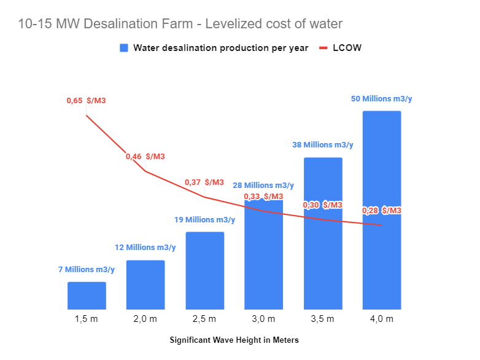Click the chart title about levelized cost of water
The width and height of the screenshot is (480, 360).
pyautogui.click(x=180, y=24)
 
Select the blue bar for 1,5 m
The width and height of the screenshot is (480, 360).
pyautogui.click(x=87, y=295)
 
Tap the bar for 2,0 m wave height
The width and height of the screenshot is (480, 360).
pyautogui.click(x=145, y=284)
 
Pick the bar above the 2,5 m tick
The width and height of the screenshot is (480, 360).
pyautogui.click(x=204, y=270)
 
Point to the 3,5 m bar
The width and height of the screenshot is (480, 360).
pyautogui.click(x=323, y=233)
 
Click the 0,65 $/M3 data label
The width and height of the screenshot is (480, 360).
pyautogui.click(x=87, y=100)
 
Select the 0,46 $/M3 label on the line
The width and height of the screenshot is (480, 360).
pyautogui.click(x=145, y=157)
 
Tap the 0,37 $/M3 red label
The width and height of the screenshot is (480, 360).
pyautogui.click(x=204, y=182)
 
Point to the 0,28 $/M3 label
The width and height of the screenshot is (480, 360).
pyautogui.click(x=381, y=211)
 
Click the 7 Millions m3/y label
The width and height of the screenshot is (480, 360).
pyautogui.click(x=87, y=269)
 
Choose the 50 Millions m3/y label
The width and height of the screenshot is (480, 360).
pyautogui.click(x=382, y=98)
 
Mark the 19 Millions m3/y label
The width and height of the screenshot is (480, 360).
pyautogui.click(x=204, y=219)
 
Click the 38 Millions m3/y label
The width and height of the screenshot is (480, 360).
pyautogui.click(x=323, y=145)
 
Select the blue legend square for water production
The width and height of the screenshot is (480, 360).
pyautogui.click(x=124, y=48)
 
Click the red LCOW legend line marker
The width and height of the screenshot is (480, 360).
pyautogui.click(x=323, y=48)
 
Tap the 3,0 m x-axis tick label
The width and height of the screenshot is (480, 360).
pyautogui.click(x=263, y=319)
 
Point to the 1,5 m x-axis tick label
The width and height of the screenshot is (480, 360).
pyautogui.click(x=87, y=319)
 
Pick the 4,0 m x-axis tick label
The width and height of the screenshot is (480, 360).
pyautogui.click(x=381, y=319)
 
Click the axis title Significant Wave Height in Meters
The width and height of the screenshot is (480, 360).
pyautogui.click(x=234, y=340)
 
